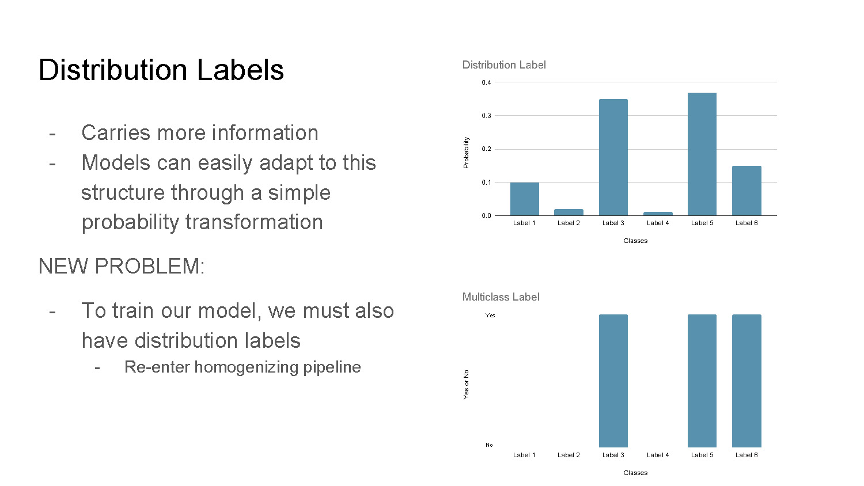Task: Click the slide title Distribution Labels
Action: point(161,70)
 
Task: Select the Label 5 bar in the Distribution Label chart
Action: point(702,154)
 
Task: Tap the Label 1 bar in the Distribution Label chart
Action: point(524,199)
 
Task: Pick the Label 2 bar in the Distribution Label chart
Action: point(569,212)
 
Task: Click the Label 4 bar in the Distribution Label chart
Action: point(657,214)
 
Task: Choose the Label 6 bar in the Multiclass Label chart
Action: point(746,381)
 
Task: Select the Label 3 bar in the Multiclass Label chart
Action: point(613,381)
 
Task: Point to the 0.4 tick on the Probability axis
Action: point(487,82)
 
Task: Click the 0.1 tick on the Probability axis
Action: point(487,183)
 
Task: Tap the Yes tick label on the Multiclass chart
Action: point(490,316)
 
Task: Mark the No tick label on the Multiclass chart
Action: point(489,445)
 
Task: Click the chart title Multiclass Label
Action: point(501,297)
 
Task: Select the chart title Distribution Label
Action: point(503,65)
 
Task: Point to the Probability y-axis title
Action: point(466,153)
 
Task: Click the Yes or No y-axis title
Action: point(466,385)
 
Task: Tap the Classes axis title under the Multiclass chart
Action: point(635,473)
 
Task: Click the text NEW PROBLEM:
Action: point(122,267)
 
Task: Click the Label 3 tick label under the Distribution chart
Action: point(613,223)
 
